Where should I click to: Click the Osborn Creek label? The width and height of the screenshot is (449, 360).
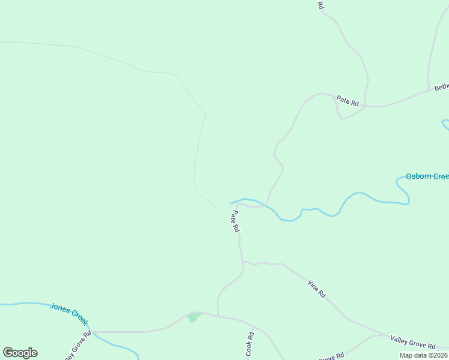(427, 176)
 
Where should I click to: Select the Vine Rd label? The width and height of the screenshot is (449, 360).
(316, 289)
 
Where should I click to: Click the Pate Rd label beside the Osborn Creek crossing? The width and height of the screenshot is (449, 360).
(235, 220)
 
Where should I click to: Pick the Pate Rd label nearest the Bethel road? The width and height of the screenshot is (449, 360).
(348, 101)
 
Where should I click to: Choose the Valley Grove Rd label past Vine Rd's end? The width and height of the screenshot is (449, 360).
(412, 343)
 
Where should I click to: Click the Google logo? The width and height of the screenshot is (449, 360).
(20, 353)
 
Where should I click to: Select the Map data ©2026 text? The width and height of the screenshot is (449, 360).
(423, 355)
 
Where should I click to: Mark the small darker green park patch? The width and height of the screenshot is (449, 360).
(193, 317)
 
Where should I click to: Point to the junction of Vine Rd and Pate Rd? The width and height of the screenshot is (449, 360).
(243, 262)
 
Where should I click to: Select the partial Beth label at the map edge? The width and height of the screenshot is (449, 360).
(441, 87)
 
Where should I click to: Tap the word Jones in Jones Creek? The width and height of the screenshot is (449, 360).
(61, 307)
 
